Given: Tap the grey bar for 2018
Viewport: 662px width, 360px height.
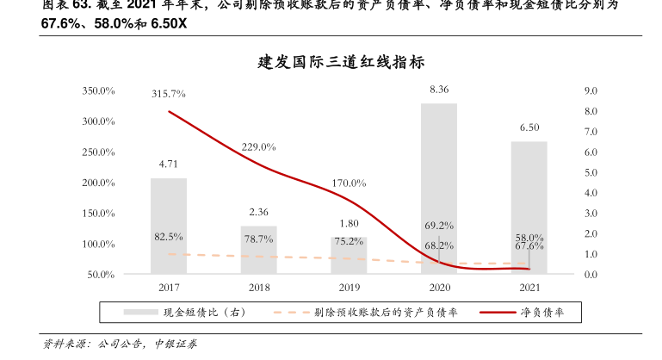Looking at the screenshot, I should (258, 250).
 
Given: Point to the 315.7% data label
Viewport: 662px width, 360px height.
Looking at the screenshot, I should (169, 93).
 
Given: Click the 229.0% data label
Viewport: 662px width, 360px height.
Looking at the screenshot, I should (258, 146).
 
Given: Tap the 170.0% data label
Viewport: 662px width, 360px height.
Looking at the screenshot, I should (349, 183).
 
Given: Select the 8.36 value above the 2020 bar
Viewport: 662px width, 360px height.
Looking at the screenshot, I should (439, 90).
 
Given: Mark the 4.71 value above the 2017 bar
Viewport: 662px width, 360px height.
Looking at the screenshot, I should (169, 164).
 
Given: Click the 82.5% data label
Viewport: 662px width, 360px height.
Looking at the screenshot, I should (169, 236).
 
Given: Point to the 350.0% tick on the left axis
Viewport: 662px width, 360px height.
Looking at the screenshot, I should (99, 90).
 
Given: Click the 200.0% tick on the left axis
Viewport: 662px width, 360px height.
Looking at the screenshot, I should (99, 183).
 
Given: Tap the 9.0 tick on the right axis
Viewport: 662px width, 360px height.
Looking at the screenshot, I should (591, 90).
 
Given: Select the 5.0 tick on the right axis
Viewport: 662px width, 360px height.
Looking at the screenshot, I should (591, 172).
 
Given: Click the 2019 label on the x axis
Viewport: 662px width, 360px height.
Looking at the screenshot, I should (349, 288).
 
